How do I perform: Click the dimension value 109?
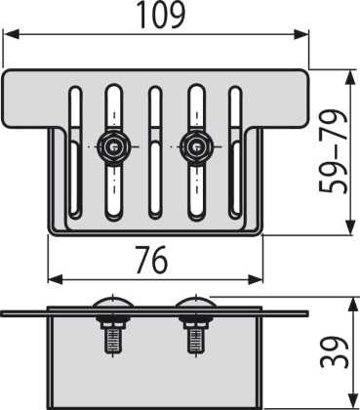point(161,15)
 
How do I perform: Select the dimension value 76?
point(152,260)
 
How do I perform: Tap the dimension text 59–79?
point(333,151)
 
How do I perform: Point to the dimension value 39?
point(334,352)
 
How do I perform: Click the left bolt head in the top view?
point(113,147)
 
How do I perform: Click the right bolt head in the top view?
point(196,147)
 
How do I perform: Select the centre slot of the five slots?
point(154,151)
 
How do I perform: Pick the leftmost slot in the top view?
point(75,151)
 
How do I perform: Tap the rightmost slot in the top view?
point(235,151)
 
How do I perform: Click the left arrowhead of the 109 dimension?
point(11,34)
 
